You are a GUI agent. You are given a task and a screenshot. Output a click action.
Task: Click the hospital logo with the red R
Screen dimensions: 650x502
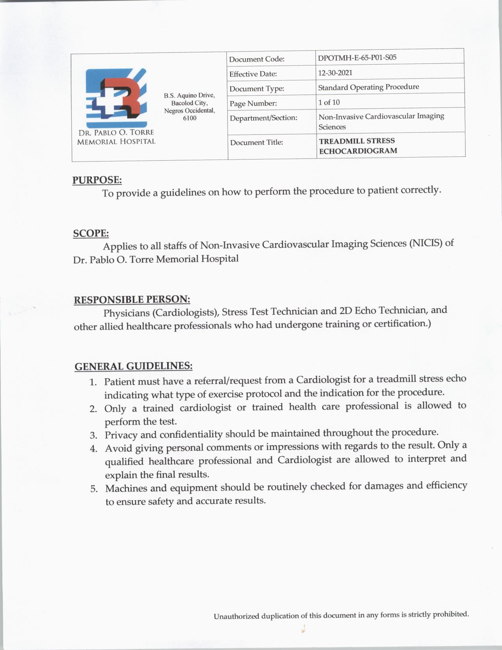point(116,97)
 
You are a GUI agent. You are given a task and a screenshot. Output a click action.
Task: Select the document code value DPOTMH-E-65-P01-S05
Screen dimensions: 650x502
point(357,58)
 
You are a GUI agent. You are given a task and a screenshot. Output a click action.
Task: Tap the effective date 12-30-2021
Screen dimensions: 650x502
point(335,73)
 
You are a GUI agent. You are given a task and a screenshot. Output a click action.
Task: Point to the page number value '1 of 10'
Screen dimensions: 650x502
point(329,102)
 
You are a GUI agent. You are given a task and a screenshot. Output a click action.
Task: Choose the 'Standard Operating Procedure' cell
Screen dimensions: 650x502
point(369,87)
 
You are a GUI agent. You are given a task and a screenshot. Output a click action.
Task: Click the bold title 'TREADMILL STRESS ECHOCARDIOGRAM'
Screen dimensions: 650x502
point(358,146)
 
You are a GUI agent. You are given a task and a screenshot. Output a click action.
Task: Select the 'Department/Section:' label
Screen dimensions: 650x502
point(263,118)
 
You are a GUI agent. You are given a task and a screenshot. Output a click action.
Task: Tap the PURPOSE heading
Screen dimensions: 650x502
point(97,180)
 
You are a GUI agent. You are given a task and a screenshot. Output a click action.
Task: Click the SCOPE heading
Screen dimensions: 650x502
point(91,233)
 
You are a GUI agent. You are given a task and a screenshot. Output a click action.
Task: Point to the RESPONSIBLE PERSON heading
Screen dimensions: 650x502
point(132,300)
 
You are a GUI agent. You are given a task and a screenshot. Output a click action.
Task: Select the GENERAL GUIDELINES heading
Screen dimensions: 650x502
point(133,366)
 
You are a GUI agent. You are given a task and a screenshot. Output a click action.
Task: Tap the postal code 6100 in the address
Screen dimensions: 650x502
point(189,118)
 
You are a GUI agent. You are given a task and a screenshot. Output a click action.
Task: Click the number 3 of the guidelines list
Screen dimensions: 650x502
point(93,435)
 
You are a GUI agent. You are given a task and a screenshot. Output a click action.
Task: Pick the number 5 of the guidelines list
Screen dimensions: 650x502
point(94,489)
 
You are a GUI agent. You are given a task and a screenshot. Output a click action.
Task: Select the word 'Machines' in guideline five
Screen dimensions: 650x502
point(125,488)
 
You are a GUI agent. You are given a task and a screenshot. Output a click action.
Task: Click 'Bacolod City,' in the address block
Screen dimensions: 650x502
point(189,103)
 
